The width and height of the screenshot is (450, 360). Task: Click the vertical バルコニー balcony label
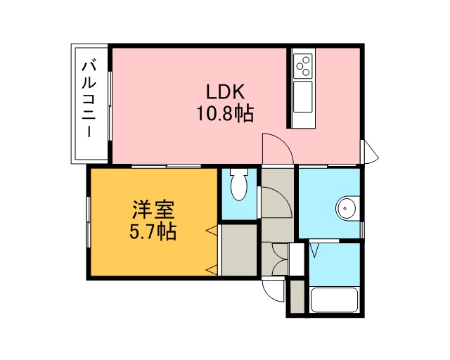89,100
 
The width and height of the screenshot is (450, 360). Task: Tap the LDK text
226,92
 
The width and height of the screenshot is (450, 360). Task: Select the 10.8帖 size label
225,114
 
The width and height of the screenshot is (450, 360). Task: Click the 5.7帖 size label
153,231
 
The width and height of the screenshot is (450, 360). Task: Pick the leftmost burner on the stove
300,66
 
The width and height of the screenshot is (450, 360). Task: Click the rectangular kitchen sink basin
303,96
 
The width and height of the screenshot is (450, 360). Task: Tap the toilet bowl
239,187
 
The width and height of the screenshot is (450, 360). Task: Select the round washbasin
347,208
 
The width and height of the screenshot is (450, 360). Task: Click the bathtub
335,300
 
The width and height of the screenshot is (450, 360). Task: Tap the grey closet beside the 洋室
239,250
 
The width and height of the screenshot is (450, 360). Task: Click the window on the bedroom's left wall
89,222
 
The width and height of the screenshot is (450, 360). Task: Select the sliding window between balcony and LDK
110,106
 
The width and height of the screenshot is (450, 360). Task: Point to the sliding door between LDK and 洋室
167,166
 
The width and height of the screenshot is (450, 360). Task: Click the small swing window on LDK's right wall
370,152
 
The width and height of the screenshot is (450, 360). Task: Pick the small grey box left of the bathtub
297,297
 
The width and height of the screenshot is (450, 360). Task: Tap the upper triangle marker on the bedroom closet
212,230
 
